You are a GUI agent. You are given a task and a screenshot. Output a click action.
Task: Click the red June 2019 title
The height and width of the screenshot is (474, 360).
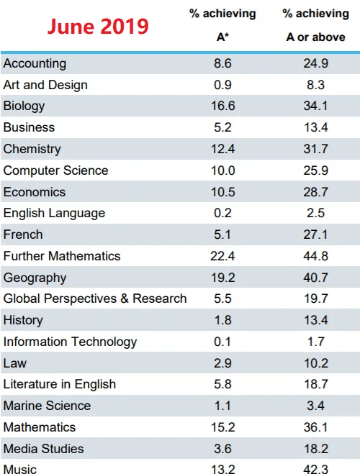98,27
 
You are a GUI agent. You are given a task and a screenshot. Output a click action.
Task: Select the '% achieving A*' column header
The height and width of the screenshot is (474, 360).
222,25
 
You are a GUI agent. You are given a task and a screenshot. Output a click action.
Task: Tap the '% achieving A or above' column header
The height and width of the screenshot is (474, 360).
315,25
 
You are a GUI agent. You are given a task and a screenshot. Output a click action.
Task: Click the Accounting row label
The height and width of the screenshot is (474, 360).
35,64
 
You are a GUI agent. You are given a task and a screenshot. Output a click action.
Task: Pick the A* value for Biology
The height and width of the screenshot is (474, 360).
223,106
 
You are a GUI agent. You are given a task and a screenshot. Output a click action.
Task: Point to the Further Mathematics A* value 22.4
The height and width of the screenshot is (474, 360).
222,256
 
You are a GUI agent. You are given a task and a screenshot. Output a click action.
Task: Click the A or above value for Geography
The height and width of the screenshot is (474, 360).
316,278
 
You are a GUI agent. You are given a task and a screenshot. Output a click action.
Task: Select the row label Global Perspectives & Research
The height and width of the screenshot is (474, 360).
95,298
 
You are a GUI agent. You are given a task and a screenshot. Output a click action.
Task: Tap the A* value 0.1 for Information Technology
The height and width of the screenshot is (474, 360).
222,342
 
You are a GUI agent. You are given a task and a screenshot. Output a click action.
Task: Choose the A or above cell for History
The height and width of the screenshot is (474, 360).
316,320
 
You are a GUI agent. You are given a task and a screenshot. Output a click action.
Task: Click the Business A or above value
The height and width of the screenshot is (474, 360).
316,127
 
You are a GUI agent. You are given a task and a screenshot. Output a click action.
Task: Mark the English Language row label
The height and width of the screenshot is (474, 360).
54,214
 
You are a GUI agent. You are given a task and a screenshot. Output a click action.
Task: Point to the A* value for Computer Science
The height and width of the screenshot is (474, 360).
223,170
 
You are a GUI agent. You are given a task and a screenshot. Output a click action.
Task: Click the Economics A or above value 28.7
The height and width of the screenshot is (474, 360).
316,192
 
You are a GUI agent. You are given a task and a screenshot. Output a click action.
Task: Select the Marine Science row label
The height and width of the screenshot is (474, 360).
47,406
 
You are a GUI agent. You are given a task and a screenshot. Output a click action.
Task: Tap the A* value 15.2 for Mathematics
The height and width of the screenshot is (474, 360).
223,427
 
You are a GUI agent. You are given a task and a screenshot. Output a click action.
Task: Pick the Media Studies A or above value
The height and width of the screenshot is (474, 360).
316,449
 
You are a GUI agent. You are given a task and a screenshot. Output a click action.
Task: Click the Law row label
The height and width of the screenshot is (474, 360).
15,363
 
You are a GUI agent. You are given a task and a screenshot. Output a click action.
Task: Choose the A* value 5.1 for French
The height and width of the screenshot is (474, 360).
222,234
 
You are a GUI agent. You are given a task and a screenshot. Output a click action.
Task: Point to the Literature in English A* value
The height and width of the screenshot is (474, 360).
222,384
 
